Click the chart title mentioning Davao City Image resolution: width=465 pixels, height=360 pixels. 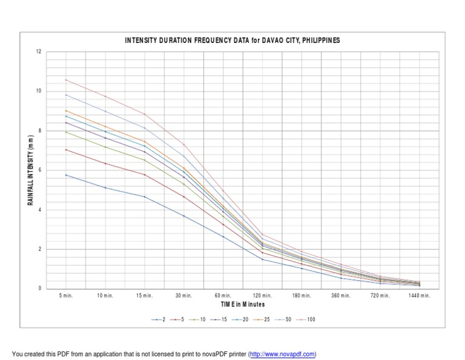point(232,40)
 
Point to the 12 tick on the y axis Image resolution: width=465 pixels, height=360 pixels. point(39,52)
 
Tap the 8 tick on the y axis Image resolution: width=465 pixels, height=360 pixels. point(39,131)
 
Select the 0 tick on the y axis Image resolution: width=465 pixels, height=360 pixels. point(39,289)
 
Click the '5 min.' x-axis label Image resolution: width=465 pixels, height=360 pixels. point(66,296)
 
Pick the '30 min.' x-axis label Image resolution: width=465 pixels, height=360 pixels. point(184,296)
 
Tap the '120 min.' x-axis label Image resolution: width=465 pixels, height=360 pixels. point(262,296)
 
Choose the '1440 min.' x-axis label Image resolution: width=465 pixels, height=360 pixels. point(419,296)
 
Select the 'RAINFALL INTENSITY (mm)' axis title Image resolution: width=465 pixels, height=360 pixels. point(30,170)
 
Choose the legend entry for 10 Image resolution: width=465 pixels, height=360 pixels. point(200,319)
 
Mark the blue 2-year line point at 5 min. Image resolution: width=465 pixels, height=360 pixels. point(66,175)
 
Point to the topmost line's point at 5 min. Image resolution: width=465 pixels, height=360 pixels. point(66,79)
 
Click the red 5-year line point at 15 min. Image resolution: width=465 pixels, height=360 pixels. point(145,175)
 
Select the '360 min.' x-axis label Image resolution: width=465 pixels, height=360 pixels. point(341,296)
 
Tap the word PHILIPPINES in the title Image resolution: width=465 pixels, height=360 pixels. point(318,40)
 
